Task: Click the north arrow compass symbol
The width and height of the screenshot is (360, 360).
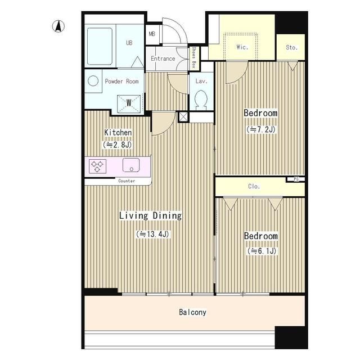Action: (58, 26)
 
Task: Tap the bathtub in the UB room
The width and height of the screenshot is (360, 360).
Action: (100, 46)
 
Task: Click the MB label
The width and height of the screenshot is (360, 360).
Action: (152, 34)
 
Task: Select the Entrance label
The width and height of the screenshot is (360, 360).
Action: (163, 58)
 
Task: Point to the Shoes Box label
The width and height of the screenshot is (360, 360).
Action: (193, 57)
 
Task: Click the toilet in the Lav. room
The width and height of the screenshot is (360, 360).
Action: (201, 100)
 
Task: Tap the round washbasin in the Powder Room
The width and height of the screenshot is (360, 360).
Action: (93, 81)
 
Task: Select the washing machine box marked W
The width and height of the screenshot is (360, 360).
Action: (129, 104)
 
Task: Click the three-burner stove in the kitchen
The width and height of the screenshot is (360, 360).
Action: (97, 166)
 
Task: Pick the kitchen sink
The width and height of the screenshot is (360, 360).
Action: (131, 165)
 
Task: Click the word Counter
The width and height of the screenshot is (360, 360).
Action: (127, 181)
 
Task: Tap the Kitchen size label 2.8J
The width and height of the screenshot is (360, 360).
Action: (118, 145)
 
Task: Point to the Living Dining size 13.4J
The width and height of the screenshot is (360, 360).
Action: (152, 234)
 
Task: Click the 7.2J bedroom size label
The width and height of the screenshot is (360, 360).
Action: (261, 129)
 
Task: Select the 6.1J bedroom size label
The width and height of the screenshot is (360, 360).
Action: (262, 251)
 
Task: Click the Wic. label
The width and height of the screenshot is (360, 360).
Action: (242, 47)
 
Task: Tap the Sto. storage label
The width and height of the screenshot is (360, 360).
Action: (292, 47)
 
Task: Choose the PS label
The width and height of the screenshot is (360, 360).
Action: (296, 179)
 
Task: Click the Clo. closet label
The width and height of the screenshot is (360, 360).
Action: (254, 186)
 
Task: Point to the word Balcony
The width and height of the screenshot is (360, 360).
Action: (192, 312)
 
